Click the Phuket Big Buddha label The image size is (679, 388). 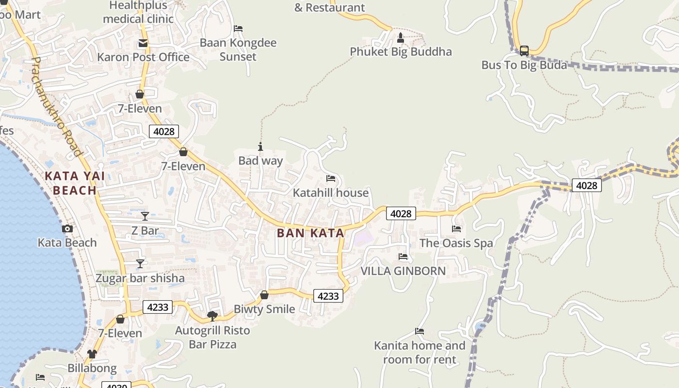[401, 52]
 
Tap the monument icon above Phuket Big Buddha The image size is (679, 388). [401, 37]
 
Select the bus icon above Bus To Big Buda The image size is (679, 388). [524, 50]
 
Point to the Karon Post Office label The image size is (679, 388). [143, 57]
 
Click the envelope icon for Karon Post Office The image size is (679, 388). [143, 44]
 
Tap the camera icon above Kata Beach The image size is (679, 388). [67, 229]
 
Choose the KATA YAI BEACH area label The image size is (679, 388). [75, 183]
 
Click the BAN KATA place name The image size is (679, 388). [310, 233]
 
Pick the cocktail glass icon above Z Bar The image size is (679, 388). [145, 216]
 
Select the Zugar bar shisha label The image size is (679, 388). [140, 278]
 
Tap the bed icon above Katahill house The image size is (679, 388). [331, 178]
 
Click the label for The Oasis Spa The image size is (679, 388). [456, 243]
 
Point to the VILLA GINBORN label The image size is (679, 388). [403, 271]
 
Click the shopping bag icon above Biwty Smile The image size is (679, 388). [264, 295]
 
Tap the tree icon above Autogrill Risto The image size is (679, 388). [212, 316]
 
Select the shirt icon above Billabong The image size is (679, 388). [92, 354]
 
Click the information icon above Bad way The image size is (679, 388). [260, 146]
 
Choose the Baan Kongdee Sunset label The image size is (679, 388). [238, 49]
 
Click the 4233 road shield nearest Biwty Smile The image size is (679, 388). [328, 296]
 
